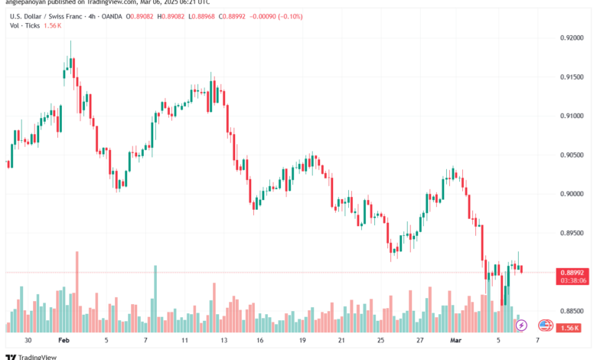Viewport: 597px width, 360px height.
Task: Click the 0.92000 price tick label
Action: [573, 38]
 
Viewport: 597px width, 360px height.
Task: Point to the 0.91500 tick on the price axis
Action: [573, 77]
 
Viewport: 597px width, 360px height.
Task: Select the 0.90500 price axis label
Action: [573, 155]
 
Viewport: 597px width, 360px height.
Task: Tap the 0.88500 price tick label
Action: [573, 311]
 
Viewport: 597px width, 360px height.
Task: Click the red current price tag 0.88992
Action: [573, 272]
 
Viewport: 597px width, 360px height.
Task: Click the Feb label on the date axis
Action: [64, 339]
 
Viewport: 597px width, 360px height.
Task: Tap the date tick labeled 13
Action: [223, 339]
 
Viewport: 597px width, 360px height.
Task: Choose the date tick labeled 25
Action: [381, 339]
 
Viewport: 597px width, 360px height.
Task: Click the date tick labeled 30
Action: [28, 339]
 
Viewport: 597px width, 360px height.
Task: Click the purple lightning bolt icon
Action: [521, 326]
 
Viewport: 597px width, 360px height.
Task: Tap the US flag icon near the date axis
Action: [546, 326]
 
